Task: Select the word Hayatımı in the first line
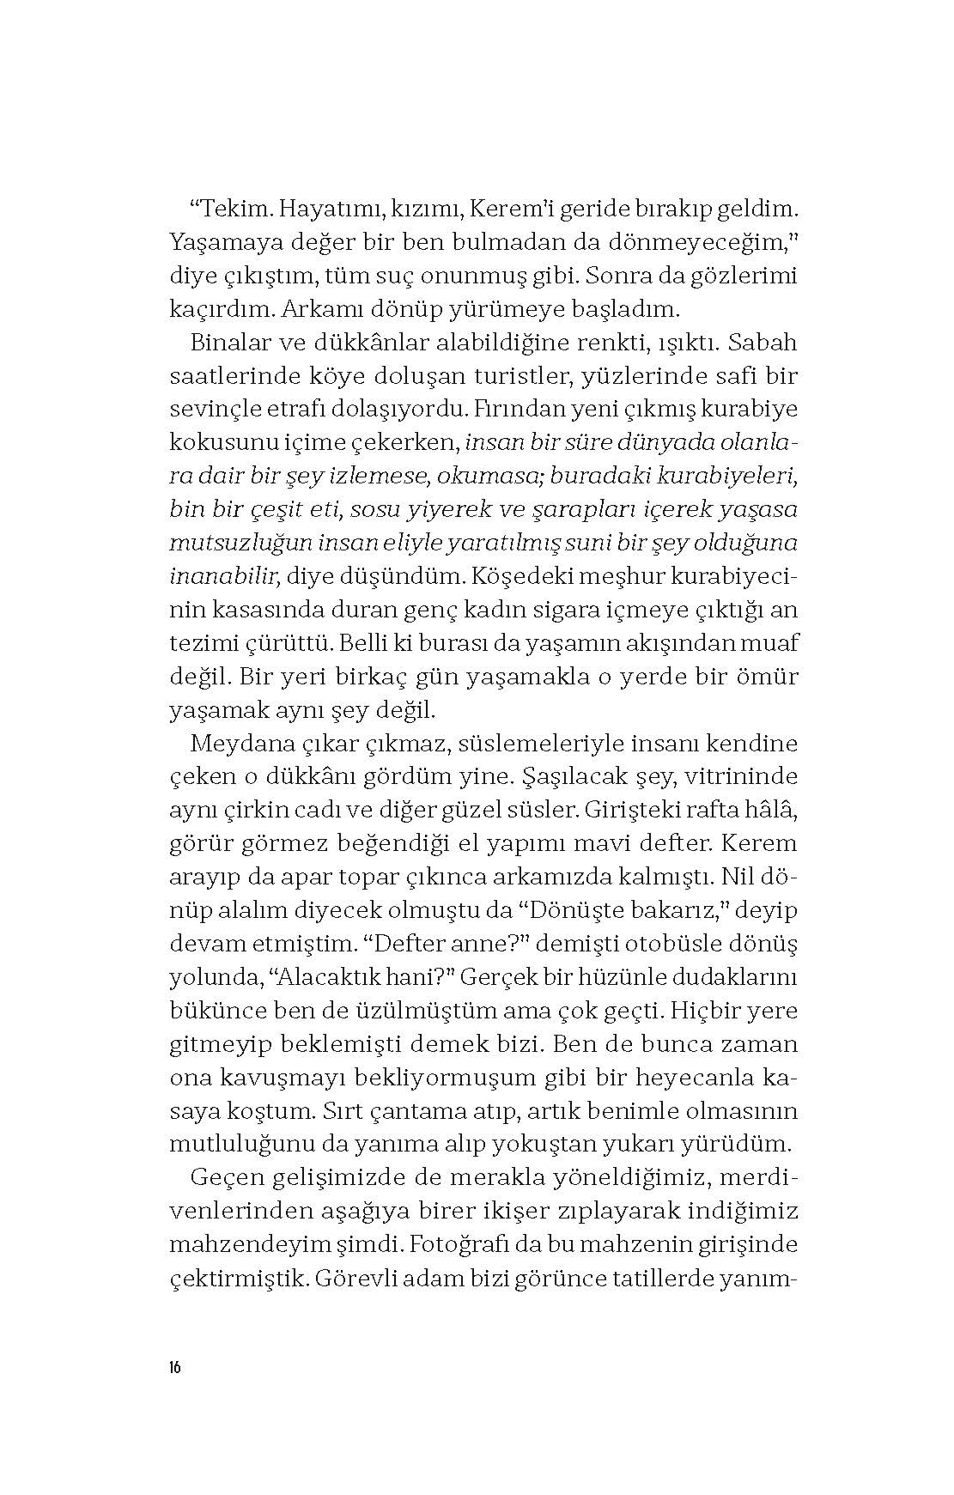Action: pyautogui.click(x=313, y=209)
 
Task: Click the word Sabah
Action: pyautogui.click(x=766, y=343)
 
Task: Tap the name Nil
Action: pyautogui.click(x=738, y=878)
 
